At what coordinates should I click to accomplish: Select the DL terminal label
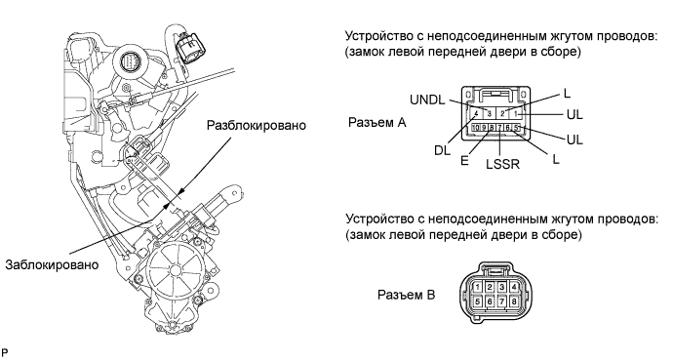tap(442, 150)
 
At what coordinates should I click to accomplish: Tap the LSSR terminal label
tap(502, 164)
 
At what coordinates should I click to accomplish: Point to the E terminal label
tap(464, 160)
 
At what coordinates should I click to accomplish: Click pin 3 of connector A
tap(489, 114)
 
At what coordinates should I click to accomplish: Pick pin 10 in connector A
tap(476, 128)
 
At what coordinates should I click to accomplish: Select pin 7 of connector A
tap(499, 128)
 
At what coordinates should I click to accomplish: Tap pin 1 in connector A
tap(517, 114)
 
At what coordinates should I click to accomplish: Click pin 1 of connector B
tap(477, 287)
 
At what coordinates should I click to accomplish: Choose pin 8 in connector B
tap(514, 301)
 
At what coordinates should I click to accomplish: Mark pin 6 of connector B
tap(490, 301)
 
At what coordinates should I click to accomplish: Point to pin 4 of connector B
tap(514, 287)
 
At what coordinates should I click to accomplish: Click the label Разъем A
tap(376, 123)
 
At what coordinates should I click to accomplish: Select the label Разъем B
tap(406, 295)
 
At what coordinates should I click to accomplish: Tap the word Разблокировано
tap(257, 125)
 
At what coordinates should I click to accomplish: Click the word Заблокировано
tap(52, 264)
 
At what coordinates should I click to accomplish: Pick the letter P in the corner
tap(4, 352)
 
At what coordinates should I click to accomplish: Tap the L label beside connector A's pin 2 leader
tap(567, 93)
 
